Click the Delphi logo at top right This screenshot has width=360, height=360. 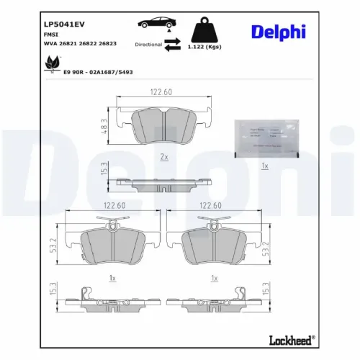(278, 32)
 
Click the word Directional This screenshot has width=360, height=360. (148, 45)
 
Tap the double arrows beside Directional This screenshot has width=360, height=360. (172, 45)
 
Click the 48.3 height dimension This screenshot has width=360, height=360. (104, 125)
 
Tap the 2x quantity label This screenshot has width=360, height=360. (163, 156)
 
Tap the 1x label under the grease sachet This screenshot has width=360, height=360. (264, 166)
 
